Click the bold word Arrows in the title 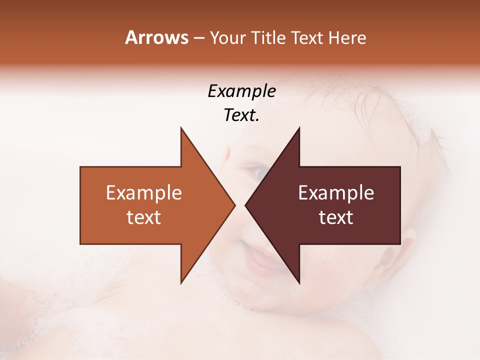pos(156,37)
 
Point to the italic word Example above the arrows pos(242,91)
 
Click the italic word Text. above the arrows pos(242,115)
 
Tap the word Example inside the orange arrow pos(144,193)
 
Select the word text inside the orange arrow pos(144,217)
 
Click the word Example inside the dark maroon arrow pos(336,193)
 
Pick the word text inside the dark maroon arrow pos(336,217)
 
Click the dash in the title pos(198,38)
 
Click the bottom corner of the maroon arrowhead pos(299,282)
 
